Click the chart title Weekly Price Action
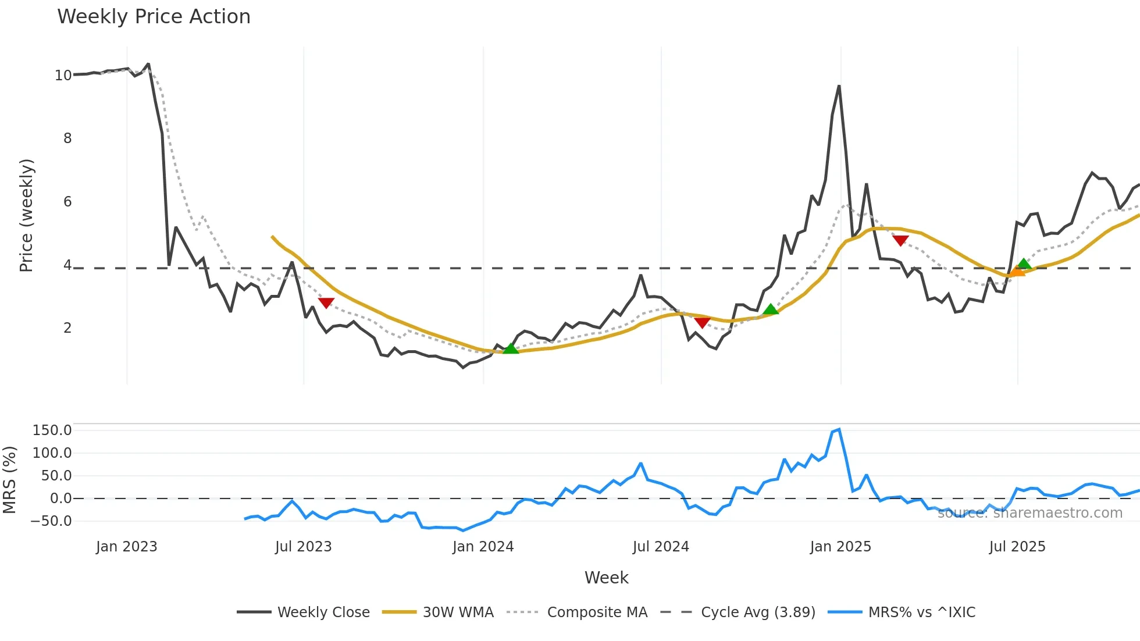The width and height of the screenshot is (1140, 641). tap(154, 17)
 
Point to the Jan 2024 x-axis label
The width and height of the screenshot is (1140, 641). tap(483, 547)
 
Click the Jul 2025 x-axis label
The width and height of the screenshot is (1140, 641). tap(1017, 547)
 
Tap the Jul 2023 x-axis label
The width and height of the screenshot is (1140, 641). tap(303, 547)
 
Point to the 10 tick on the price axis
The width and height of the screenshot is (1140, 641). tap(63, 76)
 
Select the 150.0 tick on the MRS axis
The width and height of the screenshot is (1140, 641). tap(52, 430)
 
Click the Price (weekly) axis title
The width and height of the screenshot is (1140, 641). tap(27, 215)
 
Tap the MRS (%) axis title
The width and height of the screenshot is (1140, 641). tap(9, 480)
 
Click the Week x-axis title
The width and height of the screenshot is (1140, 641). tap(606, 578)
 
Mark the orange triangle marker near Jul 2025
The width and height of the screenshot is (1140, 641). tap(1017, 271)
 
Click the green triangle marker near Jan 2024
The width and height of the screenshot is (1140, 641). tap(510, 348)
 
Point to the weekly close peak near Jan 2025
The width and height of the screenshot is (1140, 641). tap(839, 87)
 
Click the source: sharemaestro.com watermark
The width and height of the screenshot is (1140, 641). tap(1029, 513)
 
